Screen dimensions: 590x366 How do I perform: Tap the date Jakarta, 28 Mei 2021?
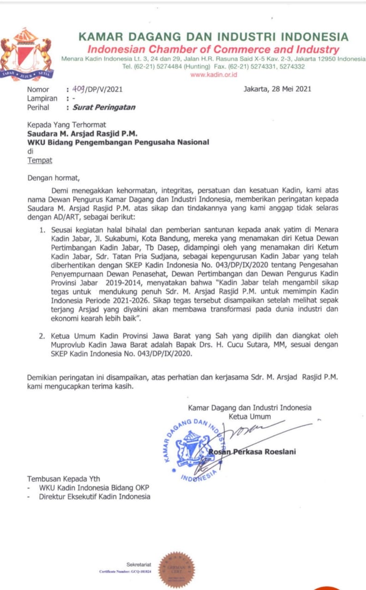pyautogui.click(x=277, y=89)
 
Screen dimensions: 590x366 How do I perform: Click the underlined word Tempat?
pyautogui.click(x=40, y=160)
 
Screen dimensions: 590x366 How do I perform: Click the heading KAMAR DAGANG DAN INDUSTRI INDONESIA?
pyautogui.click(x=213, y=37)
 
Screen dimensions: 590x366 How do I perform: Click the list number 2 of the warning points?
pyautogui.click(x=42, y=335)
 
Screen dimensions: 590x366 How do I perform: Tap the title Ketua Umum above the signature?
pyautogui.click(x=250, y=417)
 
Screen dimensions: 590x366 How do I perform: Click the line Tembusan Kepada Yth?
pyautogui.click(x=63, y=478)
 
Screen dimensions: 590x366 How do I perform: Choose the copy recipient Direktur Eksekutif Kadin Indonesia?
pyautogui.click(x=95, y=496)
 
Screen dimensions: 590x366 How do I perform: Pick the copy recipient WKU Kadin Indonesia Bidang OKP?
pyautogui.click(x=94, y=488)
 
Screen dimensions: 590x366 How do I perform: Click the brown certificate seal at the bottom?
pyautogui.click(x=177, y=569)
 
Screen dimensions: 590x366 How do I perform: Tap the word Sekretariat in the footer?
pyautogui.click(x=138, y=565)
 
